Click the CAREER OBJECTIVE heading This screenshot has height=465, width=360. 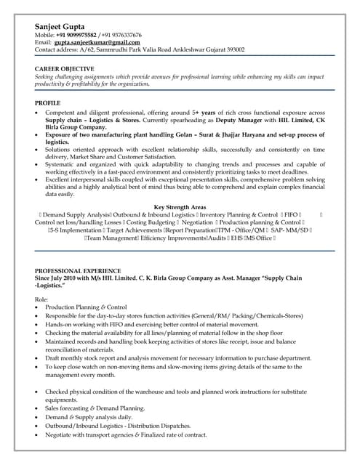pyautogui.click(x=66, y=69)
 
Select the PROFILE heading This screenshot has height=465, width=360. pyautogui.click(x=48, y=102)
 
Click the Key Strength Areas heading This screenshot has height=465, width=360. pyautogui.click(x=180, y=207)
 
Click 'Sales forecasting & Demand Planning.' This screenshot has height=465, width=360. pyautogui.click(x=95, y=409)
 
